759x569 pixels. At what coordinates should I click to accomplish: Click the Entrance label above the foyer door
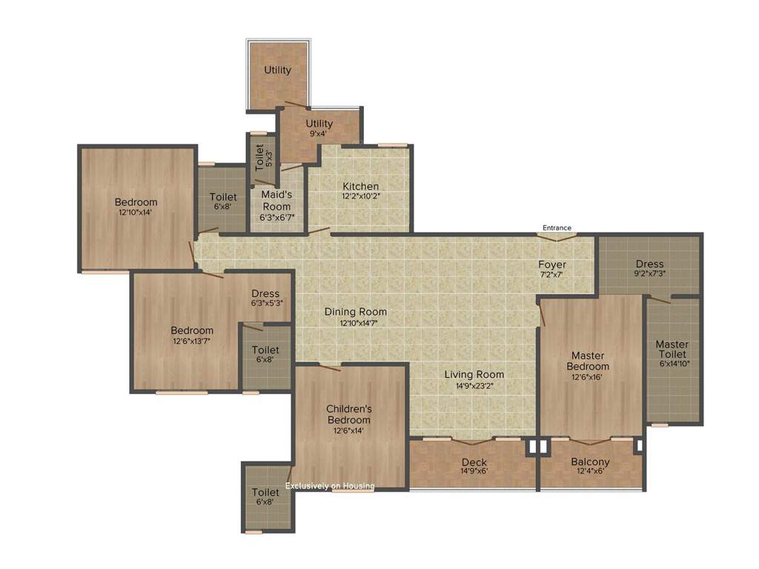[x=557, y=227]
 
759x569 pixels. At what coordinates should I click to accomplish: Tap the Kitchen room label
[x=360, y=186]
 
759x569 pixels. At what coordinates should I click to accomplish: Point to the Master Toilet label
[x=672, y=349]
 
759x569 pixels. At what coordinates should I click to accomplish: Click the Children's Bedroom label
[x=348, y=414]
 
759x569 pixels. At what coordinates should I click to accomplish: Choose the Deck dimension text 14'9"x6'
[x=474, y=472]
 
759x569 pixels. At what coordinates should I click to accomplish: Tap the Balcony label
[x=590, y=462]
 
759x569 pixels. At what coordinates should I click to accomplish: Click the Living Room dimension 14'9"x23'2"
[x=474, y=385]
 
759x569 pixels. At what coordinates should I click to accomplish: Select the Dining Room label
[x=356, y=312]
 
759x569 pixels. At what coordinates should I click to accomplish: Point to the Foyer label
[x=552, y=264]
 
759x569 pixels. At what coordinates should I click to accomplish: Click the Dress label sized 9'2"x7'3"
[x=649, y=264]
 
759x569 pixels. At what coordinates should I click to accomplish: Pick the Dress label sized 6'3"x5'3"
[x=265, y=293]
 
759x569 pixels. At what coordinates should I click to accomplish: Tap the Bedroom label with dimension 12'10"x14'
[x=136, y=202]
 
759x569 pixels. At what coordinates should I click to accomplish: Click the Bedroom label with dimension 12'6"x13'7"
[x=192, y=330]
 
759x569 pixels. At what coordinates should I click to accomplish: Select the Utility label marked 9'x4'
[x=319, y=124]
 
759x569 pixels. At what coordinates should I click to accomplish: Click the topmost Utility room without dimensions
[x=278, y=70]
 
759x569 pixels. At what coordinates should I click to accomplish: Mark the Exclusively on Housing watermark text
[x=330, y=486]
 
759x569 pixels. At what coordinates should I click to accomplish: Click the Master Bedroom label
[x=588, y=361]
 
